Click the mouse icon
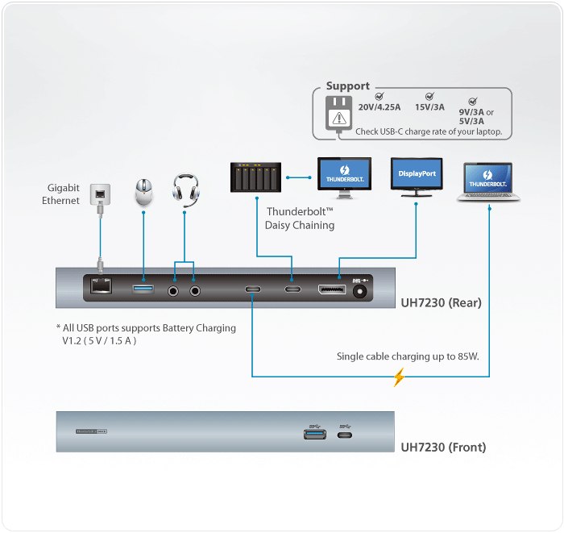tap(143, 192)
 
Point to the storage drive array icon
tap(255, 176)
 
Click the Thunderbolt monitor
tap(344, 177)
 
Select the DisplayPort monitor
tap(417, 176)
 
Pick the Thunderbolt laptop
tap(490, 181)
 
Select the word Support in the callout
tap(348, 86)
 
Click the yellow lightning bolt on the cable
tap(398, 377)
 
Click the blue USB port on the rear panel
tap(143, 288)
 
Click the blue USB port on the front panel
tap(314, 434)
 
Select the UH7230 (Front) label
tap(443, 447)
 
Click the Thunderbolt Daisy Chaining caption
tap(300, 219)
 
